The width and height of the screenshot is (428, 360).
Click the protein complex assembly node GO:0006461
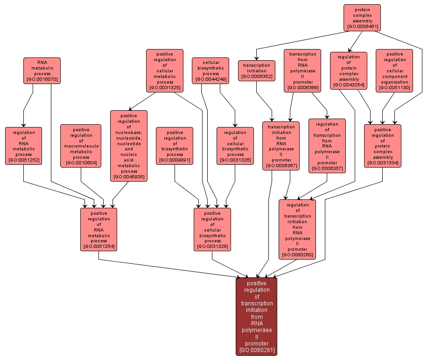(362, 18)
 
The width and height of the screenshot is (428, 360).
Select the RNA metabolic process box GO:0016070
(42, 71)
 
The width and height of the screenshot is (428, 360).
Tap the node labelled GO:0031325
(164, 70)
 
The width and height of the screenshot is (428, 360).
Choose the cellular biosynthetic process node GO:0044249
(210, 71)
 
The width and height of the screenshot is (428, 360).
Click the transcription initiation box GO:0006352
(256, 71)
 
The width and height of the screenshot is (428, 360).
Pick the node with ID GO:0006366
(302, 71)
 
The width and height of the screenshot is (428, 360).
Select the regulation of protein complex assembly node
(348, 71)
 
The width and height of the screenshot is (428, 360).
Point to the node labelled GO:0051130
(394, 71)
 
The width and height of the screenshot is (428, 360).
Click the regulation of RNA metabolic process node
(24, 146)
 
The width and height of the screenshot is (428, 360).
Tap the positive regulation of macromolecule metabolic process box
(81, 146)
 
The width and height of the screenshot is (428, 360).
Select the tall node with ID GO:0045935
(129, 146)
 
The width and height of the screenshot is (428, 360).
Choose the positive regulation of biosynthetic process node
(175, 146)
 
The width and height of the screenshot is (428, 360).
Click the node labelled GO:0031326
(235, 146)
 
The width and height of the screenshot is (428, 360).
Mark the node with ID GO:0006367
(281, 146)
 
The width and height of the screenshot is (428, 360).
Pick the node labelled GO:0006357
(327, 146)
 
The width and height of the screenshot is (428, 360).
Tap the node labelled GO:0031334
(383, 146)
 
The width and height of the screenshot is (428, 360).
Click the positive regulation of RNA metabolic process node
(98, 229)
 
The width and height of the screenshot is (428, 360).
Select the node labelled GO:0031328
(212, 229)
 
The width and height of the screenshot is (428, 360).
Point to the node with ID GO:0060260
(297, 229)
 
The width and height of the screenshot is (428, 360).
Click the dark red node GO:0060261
(257, 317)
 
